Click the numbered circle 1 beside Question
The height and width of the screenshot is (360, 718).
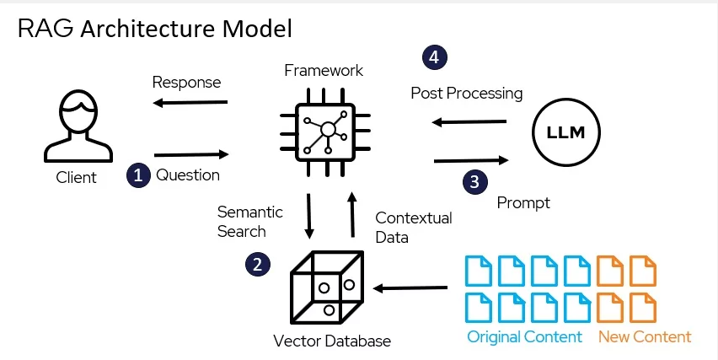coord(138,175)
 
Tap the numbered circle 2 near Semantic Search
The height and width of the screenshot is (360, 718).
coord(258,264)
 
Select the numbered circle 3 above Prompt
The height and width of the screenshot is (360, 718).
coord(475,180)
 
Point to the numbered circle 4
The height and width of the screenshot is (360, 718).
coord(435,58)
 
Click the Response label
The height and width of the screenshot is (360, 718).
coord(186,82)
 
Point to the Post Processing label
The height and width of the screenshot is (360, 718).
coord(467,92)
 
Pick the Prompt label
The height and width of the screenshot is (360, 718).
coord(523,202)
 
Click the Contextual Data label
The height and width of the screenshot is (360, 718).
coord(413,228)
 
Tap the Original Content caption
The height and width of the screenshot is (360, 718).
coord(524,337)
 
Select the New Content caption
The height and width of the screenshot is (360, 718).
coord(645,337)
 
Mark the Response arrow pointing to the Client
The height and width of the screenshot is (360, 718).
coord(192,105)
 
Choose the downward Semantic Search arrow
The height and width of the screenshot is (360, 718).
coord(310,215)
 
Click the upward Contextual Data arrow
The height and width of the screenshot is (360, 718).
coord(352,215)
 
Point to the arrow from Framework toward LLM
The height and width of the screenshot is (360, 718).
coord(470,159)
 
